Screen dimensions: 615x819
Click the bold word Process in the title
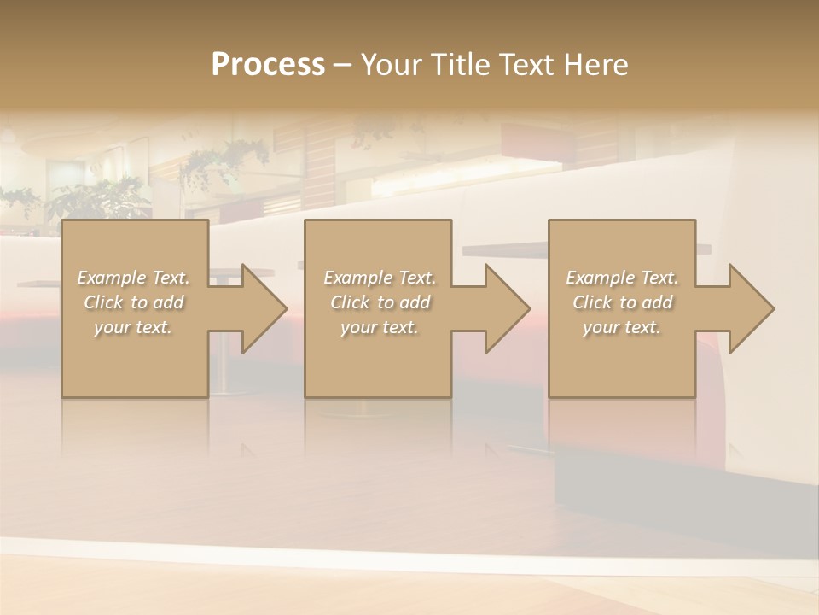(x=268, y=65)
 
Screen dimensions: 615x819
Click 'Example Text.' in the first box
(x=133, y=278)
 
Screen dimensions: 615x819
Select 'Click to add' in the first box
(x=133, y=302)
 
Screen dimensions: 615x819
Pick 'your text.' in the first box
(x=133, y=327)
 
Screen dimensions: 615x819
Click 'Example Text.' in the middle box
(x=379, y=278)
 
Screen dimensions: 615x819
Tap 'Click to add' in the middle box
(x=379, y=302)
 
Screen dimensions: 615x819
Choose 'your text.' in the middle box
(x=379, y=327)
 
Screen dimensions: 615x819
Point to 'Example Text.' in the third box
(x=622, y=278)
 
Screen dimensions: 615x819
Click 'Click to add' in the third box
(x=622, y=302)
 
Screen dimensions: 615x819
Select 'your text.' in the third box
(x=622, y=327)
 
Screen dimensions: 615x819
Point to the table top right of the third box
(x=704, y=249)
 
